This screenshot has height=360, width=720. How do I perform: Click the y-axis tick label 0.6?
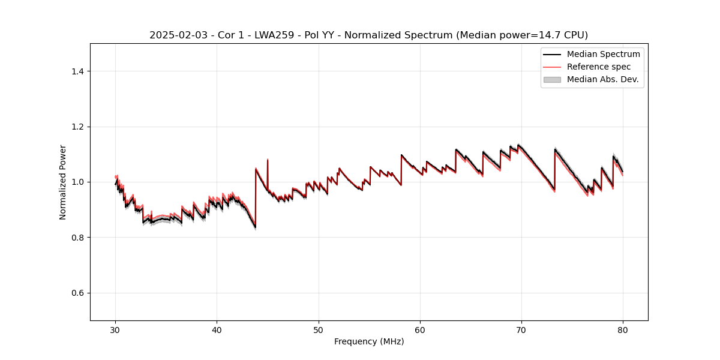click(77, 293)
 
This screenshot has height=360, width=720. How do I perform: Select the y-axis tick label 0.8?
click(77, 238)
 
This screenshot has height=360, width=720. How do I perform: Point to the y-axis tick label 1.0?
click(77, 182)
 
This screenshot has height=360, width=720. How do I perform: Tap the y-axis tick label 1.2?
click(77, 127)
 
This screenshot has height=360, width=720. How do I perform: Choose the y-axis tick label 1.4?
click(77, 71)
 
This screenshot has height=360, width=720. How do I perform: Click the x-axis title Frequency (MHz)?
click(369, 341)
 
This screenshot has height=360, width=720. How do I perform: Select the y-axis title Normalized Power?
click(63, 182)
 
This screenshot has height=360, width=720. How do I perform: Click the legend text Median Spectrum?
click(603, 54)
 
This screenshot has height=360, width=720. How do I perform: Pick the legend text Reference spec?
click(599, 67)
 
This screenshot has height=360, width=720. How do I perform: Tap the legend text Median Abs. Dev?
click(602, 79)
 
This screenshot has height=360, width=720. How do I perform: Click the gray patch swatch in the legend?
click(552, 79)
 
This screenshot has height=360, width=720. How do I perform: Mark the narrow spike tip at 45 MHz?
click(268, 160)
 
